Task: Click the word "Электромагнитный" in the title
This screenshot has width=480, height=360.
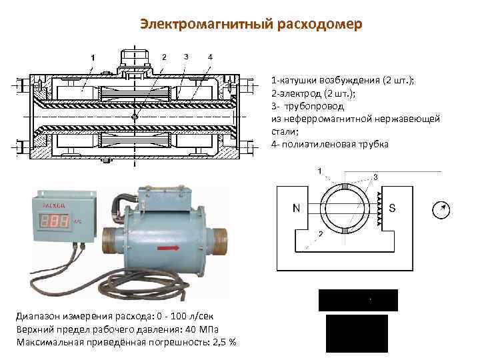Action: (194, 25)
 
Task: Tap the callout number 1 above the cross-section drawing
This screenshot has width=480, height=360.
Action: (93, 57)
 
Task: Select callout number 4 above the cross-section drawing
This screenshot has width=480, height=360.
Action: (211, 56)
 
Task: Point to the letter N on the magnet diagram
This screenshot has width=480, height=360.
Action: (295, 207)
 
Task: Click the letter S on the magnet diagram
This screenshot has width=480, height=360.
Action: (392, 207)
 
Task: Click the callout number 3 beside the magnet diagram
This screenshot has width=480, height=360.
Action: (375, 177)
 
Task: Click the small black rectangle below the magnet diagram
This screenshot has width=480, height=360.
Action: (358, 300)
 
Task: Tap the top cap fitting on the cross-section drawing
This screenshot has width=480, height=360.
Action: (134, 59)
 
